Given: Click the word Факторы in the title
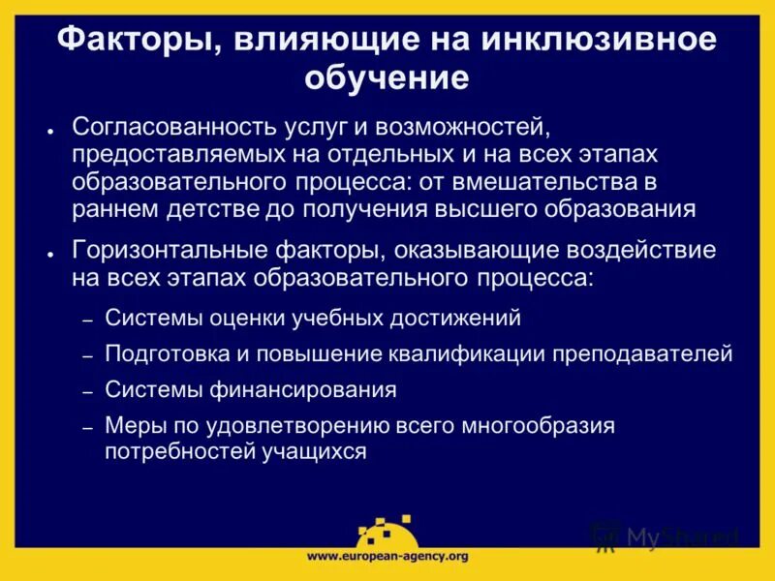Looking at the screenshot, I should pyautogui.click(x=124, y=40).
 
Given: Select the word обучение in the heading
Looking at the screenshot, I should pyautogui.click(x=387, y=76).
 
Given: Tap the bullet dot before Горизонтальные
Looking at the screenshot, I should pyautogui.click(x=49, y=254).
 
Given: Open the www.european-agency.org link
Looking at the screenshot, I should pyautogui.click(x=387, y=556).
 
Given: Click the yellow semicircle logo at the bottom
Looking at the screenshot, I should pyautogui.click(x=387, y=533).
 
